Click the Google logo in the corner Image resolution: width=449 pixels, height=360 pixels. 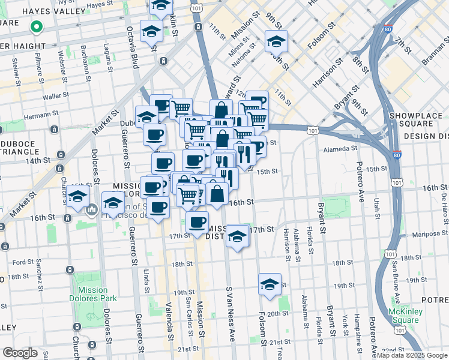pos(20,353)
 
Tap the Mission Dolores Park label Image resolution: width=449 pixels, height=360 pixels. pos(92,294)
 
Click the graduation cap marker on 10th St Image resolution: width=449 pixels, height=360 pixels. pos(276,41)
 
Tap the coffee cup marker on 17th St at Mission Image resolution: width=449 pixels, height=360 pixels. pos(197,223)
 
